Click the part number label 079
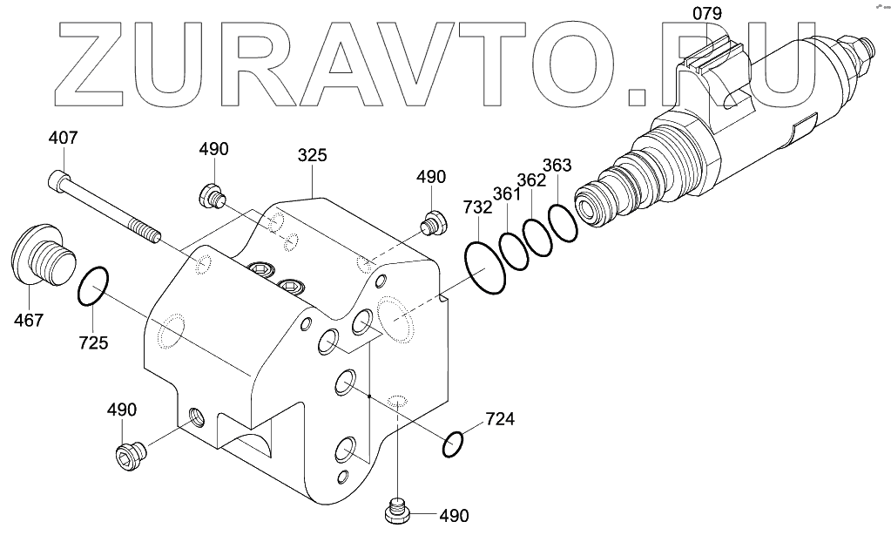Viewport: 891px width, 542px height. pyautogui.click(x=707, y=13)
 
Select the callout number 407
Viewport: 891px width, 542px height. pyautogui.click(x=63, y=138)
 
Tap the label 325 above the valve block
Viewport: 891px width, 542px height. pyautogui.click(x=312, y=156)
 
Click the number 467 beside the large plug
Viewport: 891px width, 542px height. pyautogui.click(x=28, y=321)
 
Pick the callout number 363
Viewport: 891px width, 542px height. pyautogui.click(x=557, y=166)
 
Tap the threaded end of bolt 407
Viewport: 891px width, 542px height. pyautogui.click(x=147, y=234)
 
